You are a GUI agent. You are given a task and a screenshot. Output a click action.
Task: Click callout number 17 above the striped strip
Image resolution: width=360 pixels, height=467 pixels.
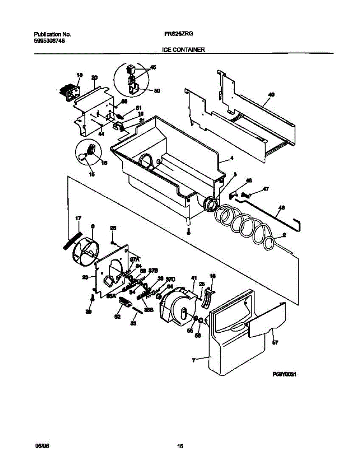pyautogui.click(x=78, y=219)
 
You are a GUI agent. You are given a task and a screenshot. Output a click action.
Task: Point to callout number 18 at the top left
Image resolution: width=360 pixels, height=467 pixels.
pyautogui.click(x=79, y=75)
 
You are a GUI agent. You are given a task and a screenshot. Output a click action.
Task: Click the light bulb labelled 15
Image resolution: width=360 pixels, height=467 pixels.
pyautogui.click(x=83, y=156)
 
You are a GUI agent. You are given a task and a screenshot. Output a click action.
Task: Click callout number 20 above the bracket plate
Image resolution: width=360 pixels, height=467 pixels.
pyautogui.click(x=94, y=77)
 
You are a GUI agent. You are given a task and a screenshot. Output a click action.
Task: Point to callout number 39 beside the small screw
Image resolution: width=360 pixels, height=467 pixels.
pyautogui.click(x=89, y=312)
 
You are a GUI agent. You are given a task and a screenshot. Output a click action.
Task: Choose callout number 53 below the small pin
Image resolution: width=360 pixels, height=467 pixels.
pyautogui.click(x=133, y=323)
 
